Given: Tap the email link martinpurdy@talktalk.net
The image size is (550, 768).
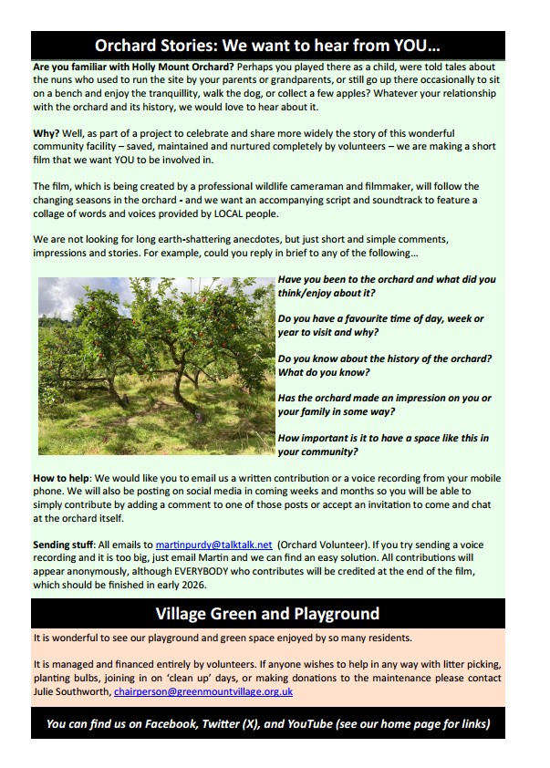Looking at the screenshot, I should [x=213, y=545].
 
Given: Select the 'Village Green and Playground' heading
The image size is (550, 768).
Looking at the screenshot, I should [x=267, y=613].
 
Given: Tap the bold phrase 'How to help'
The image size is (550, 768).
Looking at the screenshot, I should [x=61, y=478].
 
